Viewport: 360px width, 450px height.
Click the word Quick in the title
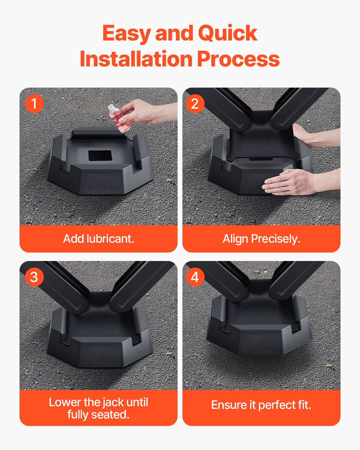pos(227,34)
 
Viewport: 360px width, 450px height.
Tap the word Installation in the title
pos(136,59)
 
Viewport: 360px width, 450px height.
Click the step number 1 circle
pos(34,104)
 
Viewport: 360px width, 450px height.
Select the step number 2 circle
pos(195,104)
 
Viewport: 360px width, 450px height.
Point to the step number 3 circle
pos(34,277)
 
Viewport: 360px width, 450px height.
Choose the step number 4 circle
pos(195,277)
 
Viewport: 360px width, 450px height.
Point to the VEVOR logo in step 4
pos(260,343)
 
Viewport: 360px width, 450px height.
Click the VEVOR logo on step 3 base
pos(101,356)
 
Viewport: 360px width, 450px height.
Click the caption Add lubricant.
pos(98,239)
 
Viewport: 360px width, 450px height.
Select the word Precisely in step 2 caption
pos(275,239)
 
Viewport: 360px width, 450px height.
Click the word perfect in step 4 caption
pos(277,405)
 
